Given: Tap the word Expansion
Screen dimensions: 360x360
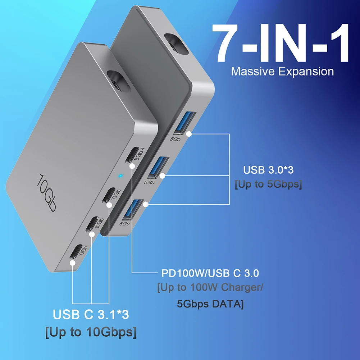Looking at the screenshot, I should click(x=307, y=71).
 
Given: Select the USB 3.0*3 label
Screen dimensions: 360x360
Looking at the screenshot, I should click(x=268, y=170).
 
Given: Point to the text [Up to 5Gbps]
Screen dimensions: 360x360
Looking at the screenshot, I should click(x=268, y=184).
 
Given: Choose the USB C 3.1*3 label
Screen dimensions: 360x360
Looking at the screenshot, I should click(x=91, y=315).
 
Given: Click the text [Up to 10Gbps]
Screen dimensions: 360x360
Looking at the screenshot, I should click(x=91, y=332).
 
